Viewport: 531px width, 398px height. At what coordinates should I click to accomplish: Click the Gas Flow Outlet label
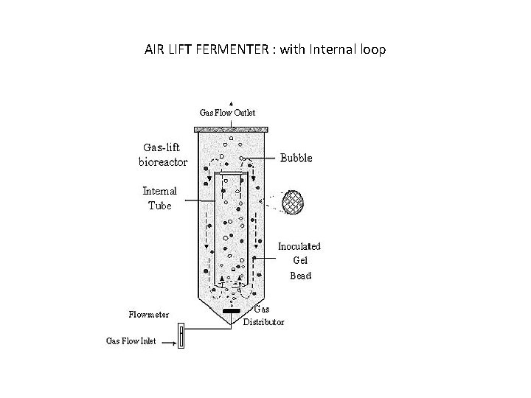coord(228,113)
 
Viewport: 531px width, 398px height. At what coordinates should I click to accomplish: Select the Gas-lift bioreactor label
coord(163,154)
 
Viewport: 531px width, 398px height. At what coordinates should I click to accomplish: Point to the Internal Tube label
coord(159,198)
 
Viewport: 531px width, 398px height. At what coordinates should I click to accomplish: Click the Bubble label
coord(295,158)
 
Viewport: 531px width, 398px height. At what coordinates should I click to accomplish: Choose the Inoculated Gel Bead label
coord(299,261)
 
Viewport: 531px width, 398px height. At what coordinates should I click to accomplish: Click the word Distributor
coord(263,322)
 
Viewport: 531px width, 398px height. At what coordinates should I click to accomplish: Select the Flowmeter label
coord(148,315)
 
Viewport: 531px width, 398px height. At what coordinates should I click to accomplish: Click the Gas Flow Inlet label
coord(131,341)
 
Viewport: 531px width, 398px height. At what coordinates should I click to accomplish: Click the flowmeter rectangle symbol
coord(181,338)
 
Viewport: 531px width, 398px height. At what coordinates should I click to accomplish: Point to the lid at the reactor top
coord(231,130)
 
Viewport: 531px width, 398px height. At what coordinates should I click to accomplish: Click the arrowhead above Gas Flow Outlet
coord(231,104)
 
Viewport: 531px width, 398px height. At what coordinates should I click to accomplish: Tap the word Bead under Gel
coord(300,276)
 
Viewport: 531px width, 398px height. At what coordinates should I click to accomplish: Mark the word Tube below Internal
coord(159,206)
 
